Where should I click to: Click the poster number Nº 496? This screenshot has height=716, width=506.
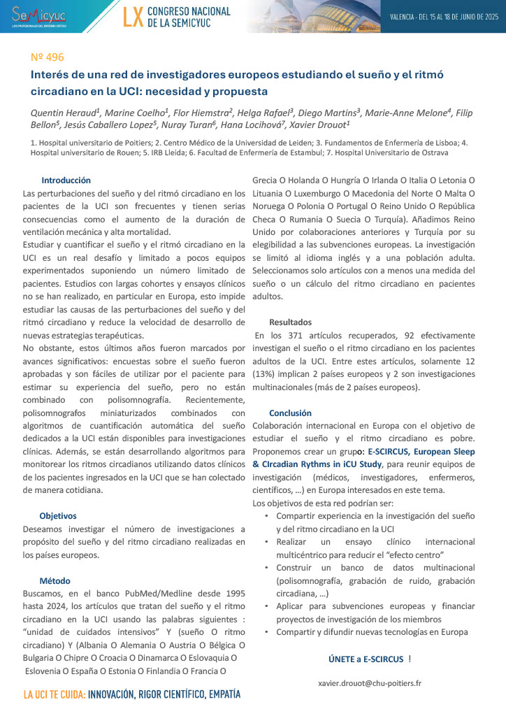46,57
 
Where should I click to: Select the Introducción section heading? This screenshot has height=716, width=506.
66,180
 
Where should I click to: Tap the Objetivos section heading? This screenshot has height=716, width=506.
58,515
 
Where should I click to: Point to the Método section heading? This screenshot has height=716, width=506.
55,580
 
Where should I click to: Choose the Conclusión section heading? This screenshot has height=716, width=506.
290,413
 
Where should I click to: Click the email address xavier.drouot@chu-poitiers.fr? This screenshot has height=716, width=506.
369,682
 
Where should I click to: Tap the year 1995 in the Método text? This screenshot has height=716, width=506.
233,594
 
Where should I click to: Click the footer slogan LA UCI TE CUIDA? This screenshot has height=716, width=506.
55,695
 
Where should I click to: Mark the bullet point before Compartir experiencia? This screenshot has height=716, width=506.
267,516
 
